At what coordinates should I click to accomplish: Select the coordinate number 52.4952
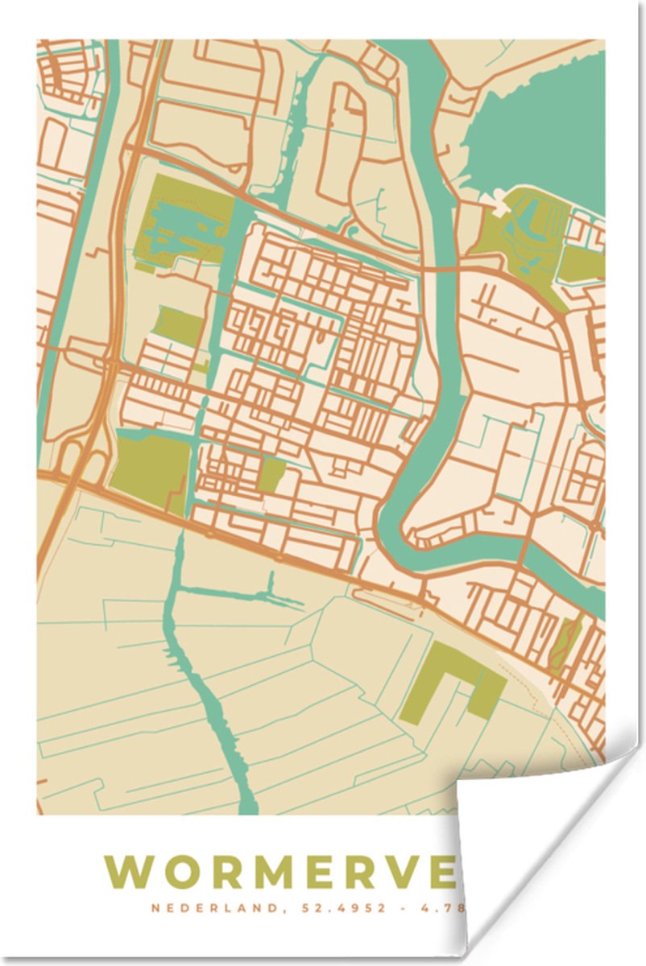331,909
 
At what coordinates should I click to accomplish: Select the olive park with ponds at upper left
181,217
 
